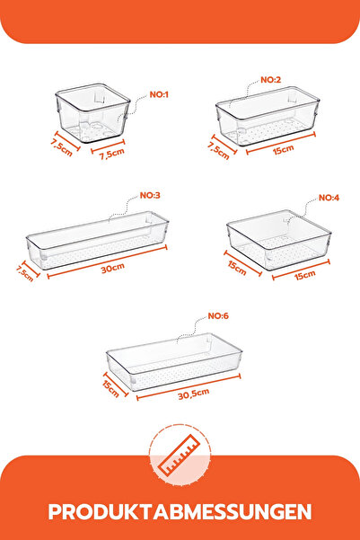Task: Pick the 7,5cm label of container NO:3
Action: pyautogui.click(x=24, y=271)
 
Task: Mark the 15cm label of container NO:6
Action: pyautogui.click(x=111, y=386)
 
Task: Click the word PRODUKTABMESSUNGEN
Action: pyautogui.click(x=180, y=511)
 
